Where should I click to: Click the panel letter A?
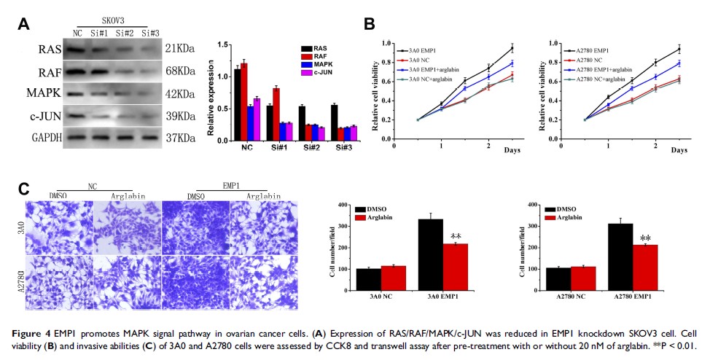23,25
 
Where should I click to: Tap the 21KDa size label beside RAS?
179,50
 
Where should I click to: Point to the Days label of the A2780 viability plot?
679,150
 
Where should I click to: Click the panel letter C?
23,189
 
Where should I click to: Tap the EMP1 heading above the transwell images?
229,186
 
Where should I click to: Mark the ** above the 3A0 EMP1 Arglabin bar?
456,236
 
